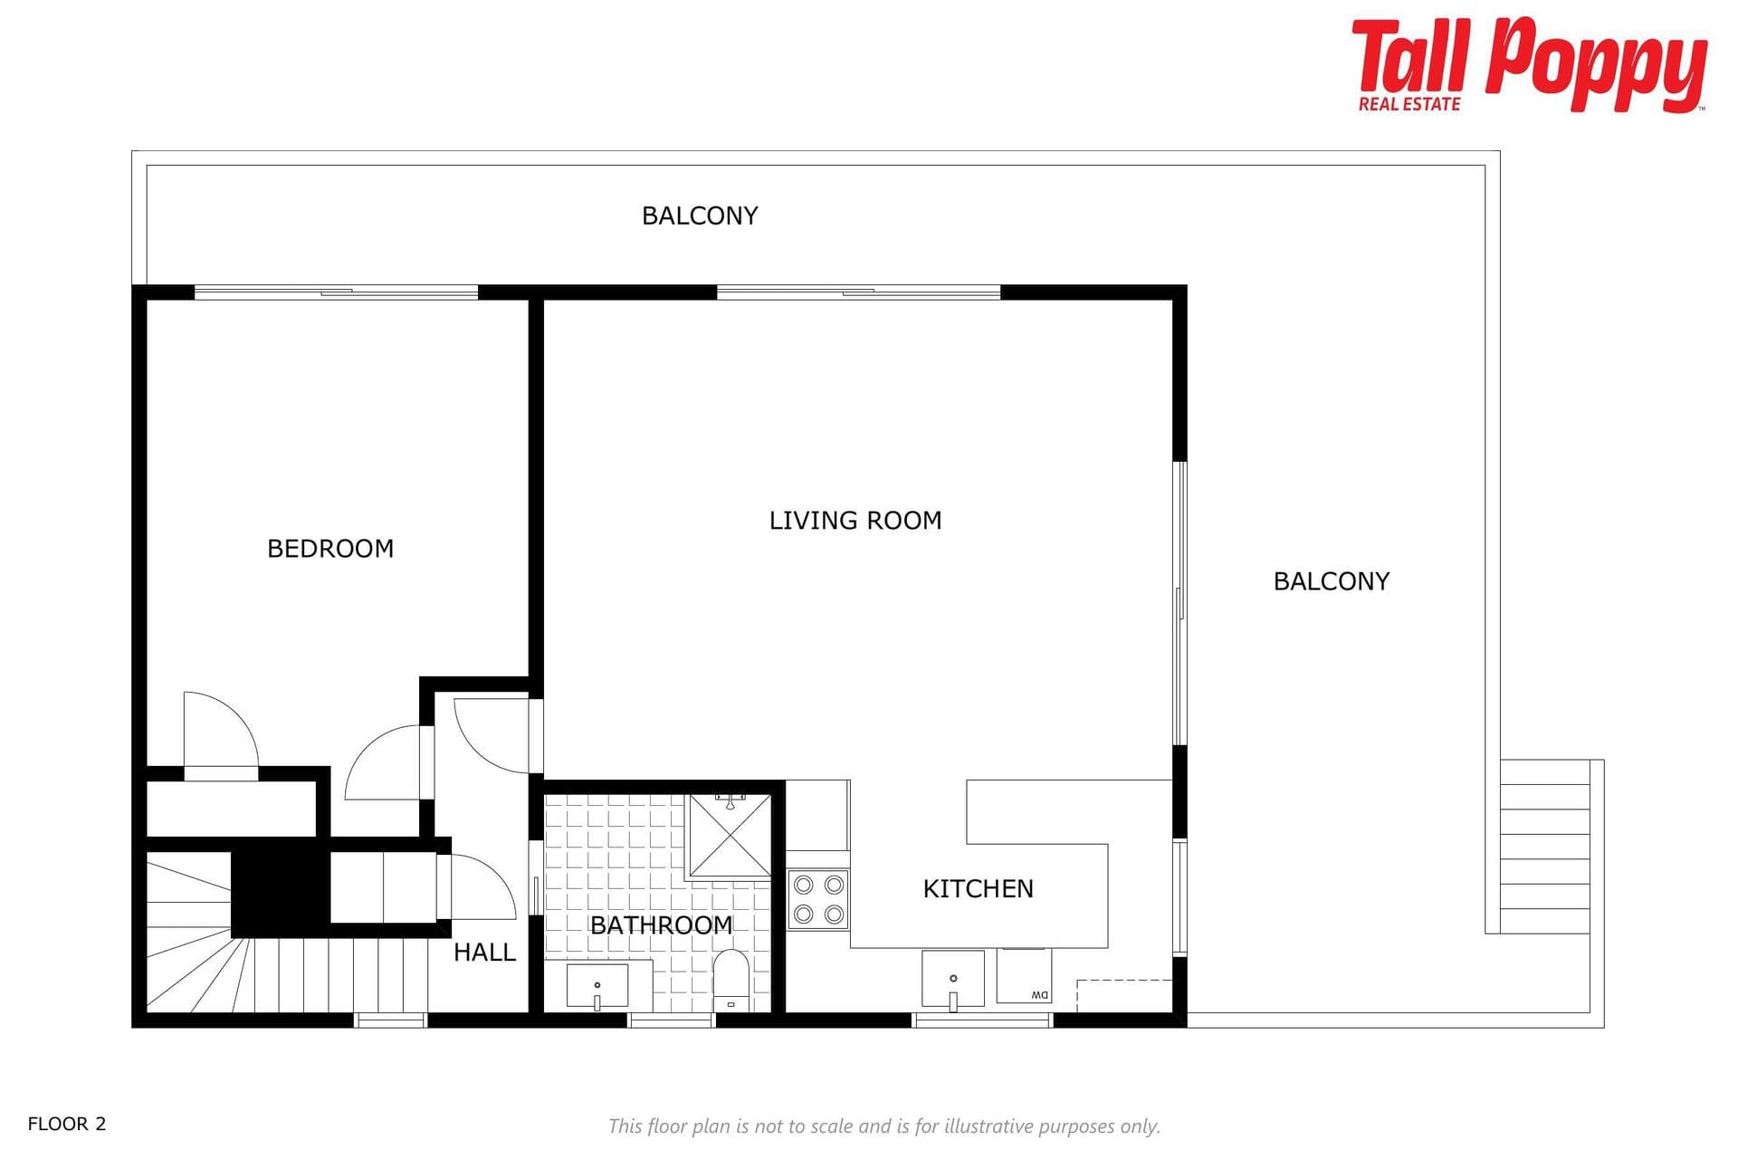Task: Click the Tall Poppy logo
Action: click(x=1529, y=64)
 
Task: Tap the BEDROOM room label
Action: click(x=330, y=549)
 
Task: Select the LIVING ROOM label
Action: click(x=855, y=521)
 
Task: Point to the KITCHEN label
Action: click(x=978, y=888)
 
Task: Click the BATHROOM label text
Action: click(x=661, y=924)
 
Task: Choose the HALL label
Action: click(x=484, y=952)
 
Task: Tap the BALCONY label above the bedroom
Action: click(x=700, y=216)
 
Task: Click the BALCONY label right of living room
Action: click(x=1331, y=581)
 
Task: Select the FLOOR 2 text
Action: click(x=67, y=1124)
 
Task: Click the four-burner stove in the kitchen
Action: click(x=818, y=899)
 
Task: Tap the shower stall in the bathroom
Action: click(x=730, y=836)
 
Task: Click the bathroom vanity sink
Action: click(x=597, y=986)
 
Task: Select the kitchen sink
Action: click(x=953, y=979)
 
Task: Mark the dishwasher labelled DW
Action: click(x=1024, y=975)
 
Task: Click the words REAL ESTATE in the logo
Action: click(x=1409, y=104)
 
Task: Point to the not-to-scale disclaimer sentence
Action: click(x=883, y=1126)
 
